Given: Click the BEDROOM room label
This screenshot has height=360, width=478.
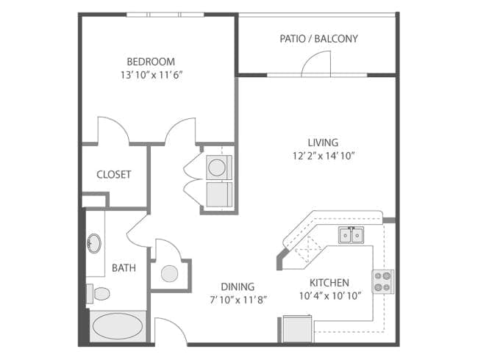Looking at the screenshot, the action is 151,62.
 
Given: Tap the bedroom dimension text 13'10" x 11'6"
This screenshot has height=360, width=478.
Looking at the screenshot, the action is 151,75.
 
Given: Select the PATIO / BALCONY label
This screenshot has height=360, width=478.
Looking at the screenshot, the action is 319,39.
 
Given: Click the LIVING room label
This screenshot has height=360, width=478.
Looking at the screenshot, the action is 323,143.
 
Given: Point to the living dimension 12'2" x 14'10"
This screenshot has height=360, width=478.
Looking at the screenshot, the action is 324,156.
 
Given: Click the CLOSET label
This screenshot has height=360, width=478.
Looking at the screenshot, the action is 114,175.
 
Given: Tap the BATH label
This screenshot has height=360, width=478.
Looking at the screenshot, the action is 124,268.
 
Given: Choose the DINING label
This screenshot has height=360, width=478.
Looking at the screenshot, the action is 238,287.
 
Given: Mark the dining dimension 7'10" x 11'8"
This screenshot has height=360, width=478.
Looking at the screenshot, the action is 238,300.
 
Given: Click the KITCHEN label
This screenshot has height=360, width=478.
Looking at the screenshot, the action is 329,283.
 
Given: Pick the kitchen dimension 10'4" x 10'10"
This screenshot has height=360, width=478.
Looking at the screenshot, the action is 330,296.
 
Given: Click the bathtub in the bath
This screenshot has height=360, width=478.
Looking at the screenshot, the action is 118,326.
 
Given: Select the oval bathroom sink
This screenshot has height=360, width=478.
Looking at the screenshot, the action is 94,243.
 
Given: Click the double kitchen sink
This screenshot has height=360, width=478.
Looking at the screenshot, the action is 352,235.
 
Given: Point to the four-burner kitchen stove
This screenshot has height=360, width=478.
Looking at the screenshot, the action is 382,281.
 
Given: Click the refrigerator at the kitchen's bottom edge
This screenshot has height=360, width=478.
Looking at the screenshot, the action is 298,329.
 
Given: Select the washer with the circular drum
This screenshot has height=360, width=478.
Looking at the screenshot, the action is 219,168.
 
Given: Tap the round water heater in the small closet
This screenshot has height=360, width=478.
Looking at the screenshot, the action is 169,273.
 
